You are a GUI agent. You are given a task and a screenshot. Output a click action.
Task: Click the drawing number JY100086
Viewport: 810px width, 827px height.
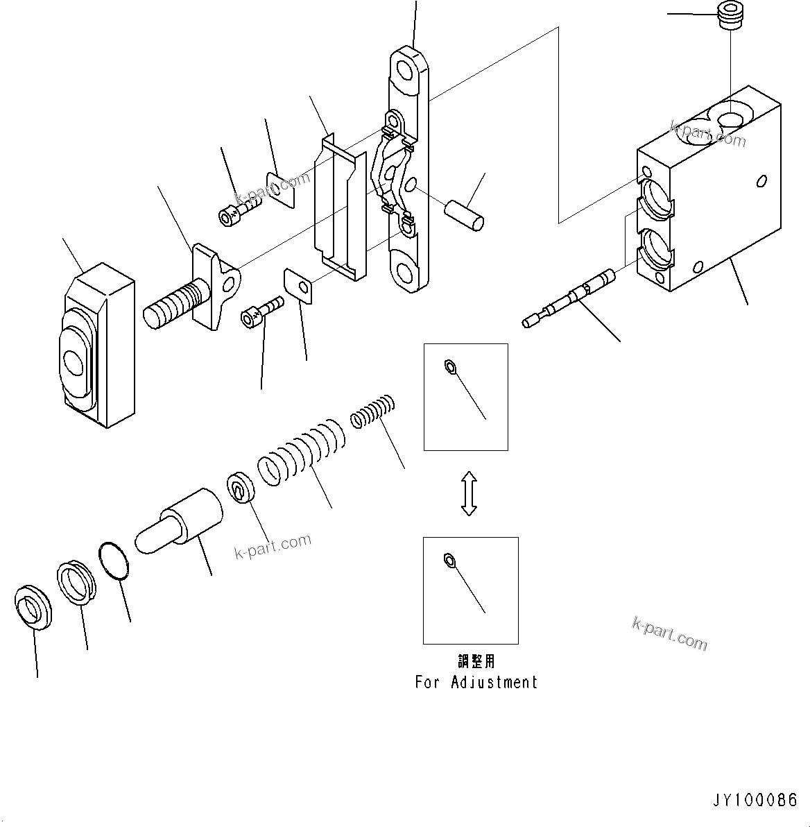(755, 800)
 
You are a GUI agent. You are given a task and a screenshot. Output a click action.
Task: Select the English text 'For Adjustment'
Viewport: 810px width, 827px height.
(476, 683)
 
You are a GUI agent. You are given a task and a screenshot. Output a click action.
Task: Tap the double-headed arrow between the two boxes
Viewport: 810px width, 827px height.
(469, 493)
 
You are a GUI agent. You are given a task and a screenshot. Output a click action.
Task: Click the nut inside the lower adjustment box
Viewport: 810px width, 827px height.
(449, 559)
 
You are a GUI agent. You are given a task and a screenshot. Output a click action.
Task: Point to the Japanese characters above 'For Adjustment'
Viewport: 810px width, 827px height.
(476, 662)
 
